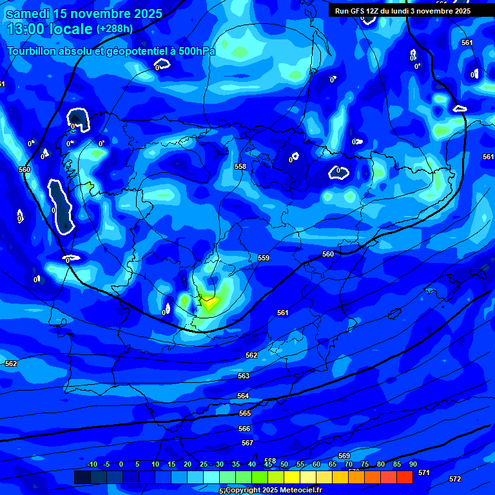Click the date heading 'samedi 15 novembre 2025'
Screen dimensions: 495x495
(84, 14)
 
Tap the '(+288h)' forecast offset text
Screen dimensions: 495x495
(115, 29)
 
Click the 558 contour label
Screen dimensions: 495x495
(240, 166)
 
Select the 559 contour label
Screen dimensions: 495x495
(264, 258)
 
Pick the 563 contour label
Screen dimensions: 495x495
(244, 376)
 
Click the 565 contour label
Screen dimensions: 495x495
(245, 413)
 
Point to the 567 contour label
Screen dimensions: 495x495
(247, 443)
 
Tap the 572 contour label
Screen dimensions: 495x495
(455, 479)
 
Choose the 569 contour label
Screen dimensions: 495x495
(344, 456)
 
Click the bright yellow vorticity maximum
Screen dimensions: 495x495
(209, 303)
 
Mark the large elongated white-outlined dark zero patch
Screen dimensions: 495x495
(62, 207)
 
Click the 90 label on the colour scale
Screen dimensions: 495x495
(412, 464)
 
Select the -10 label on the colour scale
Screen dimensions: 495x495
(92, 464)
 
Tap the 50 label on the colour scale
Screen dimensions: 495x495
(284, 464)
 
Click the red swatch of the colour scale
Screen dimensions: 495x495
(404, 477)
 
